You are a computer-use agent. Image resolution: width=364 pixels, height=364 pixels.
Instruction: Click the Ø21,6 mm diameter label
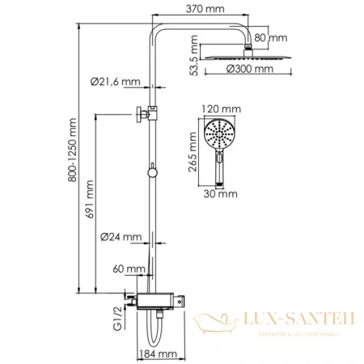116,81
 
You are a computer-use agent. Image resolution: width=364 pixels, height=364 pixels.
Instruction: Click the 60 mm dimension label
129,268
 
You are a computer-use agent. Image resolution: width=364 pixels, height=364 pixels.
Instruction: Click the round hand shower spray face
219,130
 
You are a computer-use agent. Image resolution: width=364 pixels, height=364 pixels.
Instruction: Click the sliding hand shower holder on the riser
150,113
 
